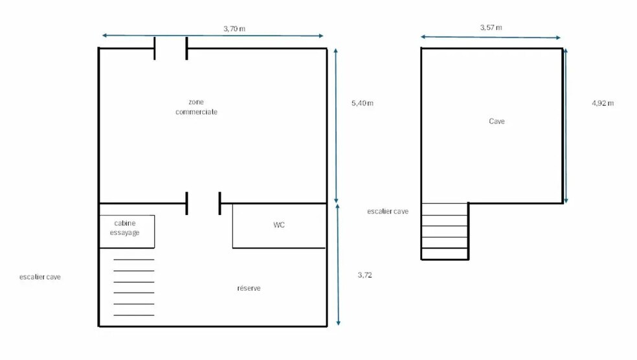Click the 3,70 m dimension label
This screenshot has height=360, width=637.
(234, 28)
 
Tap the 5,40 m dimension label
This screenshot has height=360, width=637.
(363, 103)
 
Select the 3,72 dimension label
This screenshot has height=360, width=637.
(365, 275)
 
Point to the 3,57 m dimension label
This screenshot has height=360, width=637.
(491, 28)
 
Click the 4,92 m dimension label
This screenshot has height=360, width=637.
(603, 103)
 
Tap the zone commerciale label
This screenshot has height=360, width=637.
(196, 107)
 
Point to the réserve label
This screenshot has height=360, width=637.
(249, 288)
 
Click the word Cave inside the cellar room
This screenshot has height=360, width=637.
(497, 121)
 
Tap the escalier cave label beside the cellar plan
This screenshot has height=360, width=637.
(388, 211)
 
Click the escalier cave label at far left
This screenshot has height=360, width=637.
(40, 276)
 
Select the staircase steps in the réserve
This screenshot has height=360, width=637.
(134, 287)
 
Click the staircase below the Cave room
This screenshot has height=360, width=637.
(445, 231)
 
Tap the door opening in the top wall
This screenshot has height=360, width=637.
(171, 49)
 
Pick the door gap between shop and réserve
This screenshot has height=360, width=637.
(203, 203)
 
